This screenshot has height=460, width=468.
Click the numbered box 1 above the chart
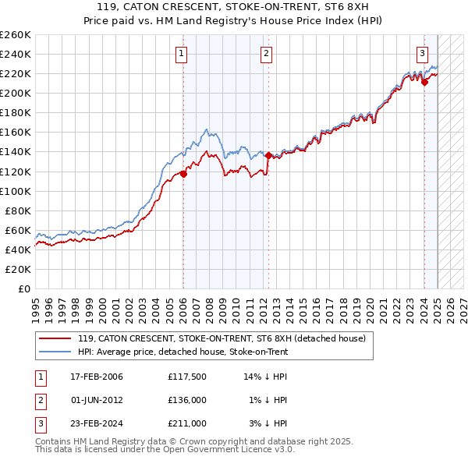click(x=181, y=54)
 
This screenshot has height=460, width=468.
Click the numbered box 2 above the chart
click(x=266, y=54)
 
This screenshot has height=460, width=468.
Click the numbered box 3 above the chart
click(x=422, y=54)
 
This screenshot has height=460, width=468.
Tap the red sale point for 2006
click(x=183, y=174)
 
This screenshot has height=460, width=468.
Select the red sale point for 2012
click(x=268, y=155)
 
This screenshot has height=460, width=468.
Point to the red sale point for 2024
click(x=424, y=82)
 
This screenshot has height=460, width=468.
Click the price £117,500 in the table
click(x=186, y=377)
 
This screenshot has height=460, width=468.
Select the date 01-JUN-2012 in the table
click(x=96, y=400)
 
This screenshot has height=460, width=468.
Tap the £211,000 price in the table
click(x=186, y=423)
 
